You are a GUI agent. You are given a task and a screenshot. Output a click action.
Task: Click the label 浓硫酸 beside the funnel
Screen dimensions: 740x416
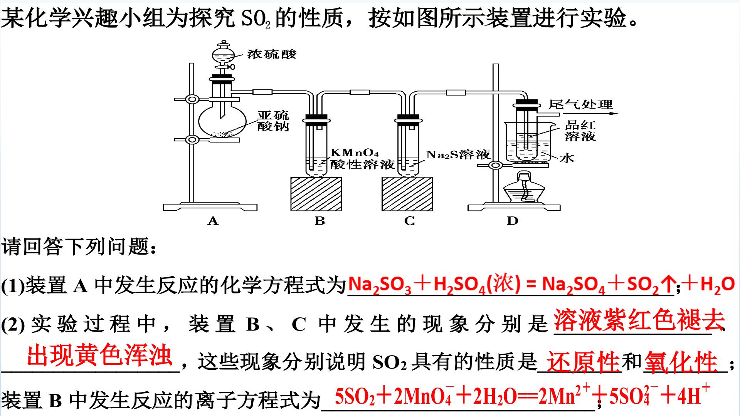272,54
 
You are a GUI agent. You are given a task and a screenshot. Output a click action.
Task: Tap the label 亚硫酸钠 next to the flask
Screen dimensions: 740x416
273,121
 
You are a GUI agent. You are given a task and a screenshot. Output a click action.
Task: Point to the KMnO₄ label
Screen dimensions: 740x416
355,153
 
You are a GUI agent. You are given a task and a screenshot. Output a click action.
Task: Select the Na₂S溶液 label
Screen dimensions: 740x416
458,155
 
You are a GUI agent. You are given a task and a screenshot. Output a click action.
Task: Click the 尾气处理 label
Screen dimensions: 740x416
580,104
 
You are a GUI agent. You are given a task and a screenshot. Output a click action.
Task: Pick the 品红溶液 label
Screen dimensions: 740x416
580,131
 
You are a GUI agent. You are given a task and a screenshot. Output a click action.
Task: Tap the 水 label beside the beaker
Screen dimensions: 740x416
567,158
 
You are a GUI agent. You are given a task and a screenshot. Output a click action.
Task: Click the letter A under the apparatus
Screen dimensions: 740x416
213,221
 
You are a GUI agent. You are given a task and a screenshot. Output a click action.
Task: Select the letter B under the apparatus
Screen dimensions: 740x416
320,221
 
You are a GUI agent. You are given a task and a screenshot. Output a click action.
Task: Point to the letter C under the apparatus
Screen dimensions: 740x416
409,221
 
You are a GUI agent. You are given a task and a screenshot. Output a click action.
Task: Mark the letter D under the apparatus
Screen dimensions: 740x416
512,221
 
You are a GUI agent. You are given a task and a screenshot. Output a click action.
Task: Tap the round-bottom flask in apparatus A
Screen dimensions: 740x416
222,120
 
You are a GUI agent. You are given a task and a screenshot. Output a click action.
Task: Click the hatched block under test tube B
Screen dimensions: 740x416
316,194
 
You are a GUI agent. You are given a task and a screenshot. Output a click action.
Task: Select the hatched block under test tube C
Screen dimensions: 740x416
407,194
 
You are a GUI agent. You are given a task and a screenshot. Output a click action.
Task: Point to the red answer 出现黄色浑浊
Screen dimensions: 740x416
99,355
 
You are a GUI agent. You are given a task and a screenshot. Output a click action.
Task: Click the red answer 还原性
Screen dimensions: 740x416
583,362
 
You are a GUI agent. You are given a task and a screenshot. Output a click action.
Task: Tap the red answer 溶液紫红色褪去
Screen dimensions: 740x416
639,320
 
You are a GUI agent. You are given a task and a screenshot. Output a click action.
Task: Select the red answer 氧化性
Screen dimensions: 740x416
681,362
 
